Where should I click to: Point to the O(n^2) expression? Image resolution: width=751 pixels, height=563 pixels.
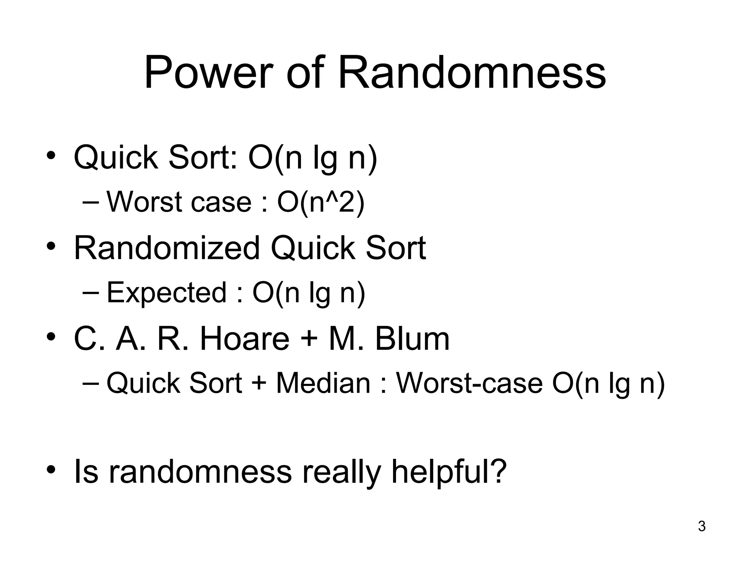tap(320, 202)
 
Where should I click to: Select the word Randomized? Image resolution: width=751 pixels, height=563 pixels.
tap(167, 248)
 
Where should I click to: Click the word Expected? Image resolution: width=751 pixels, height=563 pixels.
tap(166, 292)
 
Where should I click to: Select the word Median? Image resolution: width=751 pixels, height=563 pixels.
tap(323, 383)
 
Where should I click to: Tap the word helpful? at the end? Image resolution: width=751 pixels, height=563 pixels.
tap(449, 472)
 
